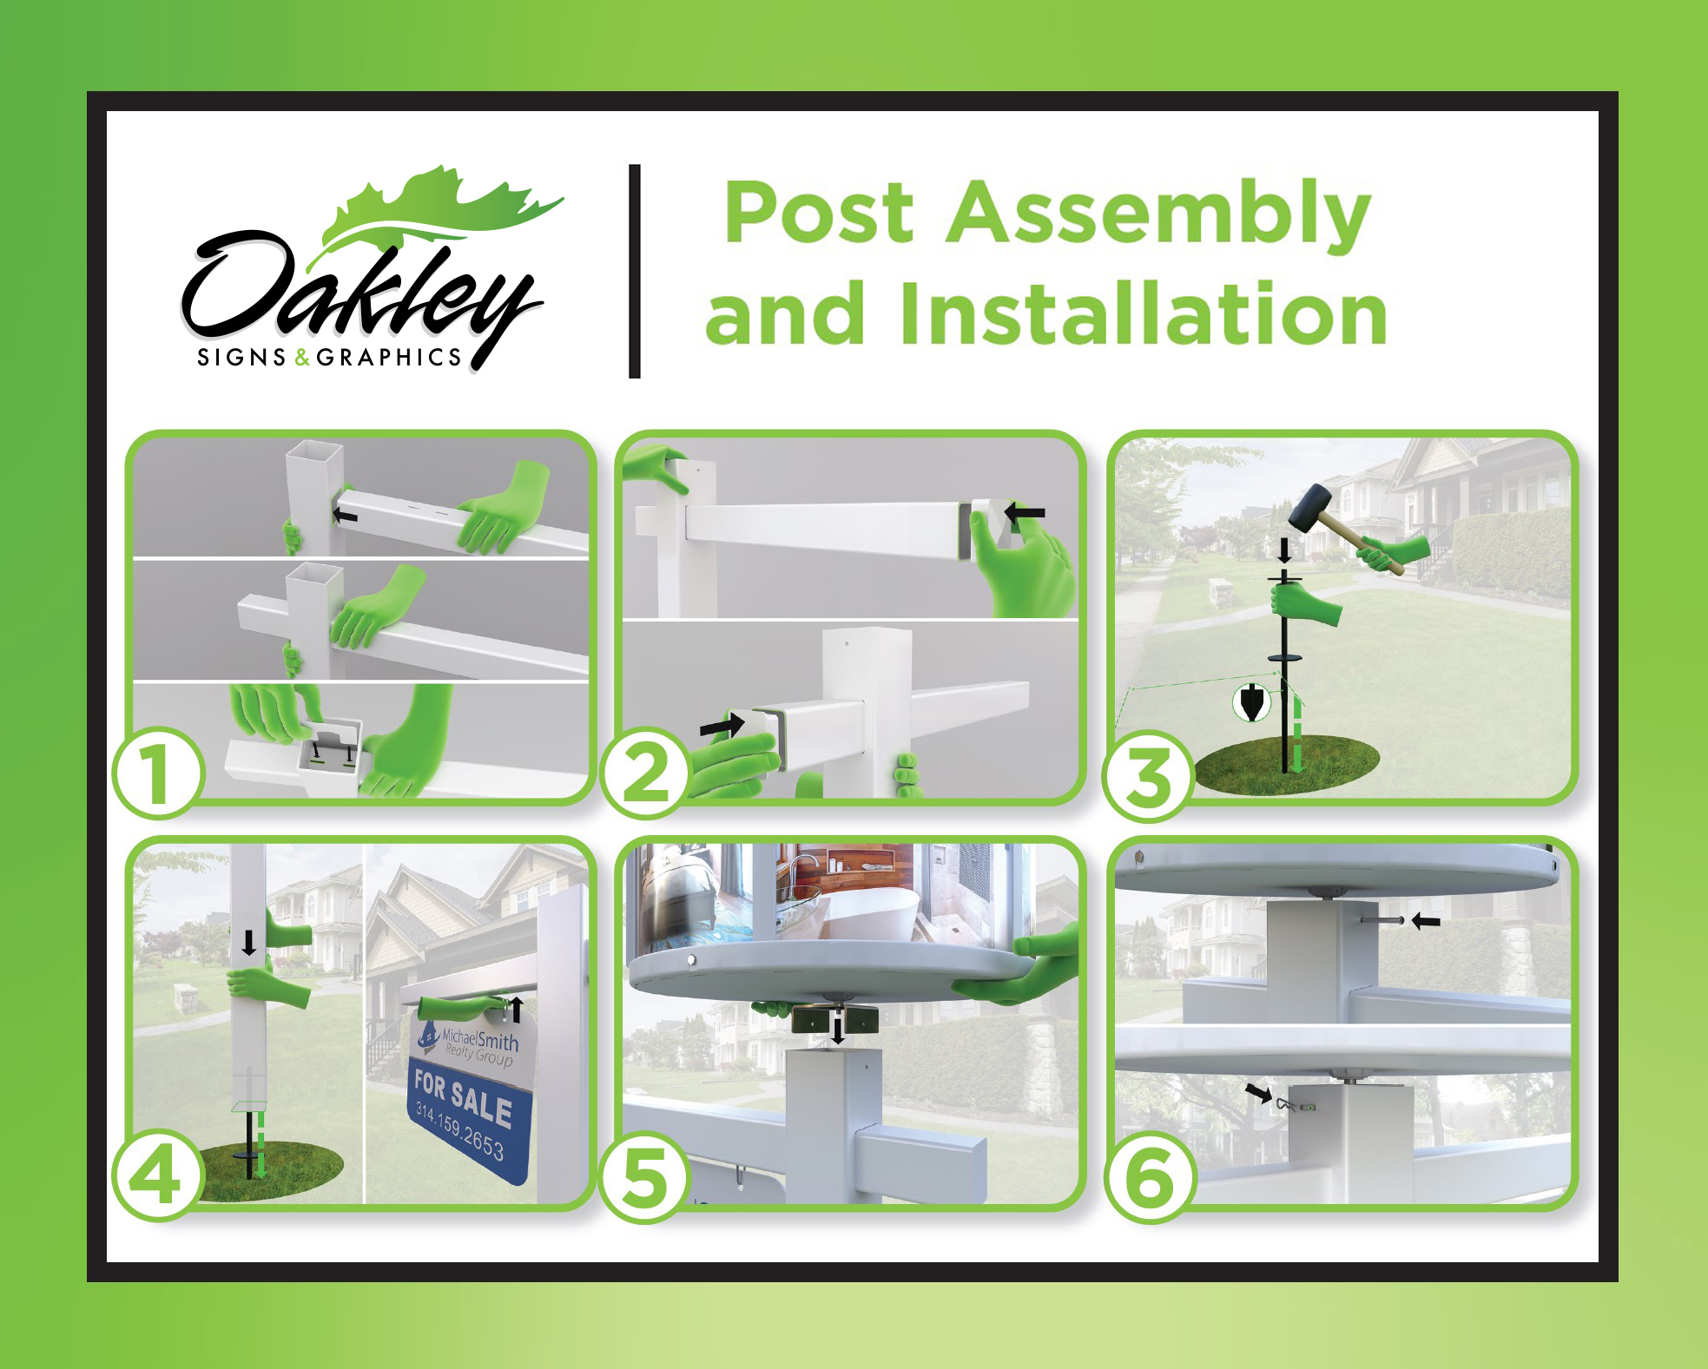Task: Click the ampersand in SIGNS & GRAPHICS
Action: [x=302, y=358]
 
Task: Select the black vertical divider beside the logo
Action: [x=635, y=271]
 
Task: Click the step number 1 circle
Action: [x=158, y=774]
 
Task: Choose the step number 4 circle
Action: [x=158, y=1178]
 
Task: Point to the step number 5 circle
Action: [x=644, y=1178]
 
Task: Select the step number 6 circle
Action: [x=1150, y=1178]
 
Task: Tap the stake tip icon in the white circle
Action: [x=1251, y=703]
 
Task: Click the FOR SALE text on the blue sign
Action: [x=462, y=1097]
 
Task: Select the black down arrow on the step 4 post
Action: [x=249, y=943]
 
